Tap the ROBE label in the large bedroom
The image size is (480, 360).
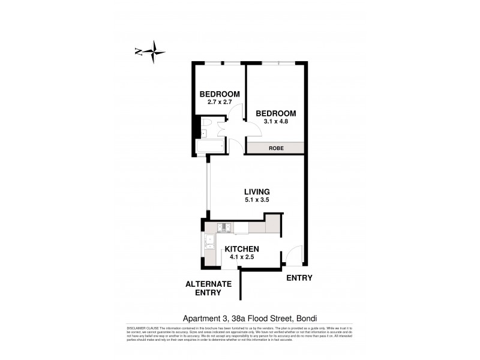276,148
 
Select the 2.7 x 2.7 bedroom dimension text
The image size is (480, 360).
220,103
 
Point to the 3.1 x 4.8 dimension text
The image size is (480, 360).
276,122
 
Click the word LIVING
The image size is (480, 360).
256,191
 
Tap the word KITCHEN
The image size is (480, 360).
241,249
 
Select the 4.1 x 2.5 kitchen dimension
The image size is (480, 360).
241,257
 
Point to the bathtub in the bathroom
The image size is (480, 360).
209,146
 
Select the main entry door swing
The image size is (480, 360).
292,256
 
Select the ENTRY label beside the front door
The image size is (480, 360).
299,278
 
